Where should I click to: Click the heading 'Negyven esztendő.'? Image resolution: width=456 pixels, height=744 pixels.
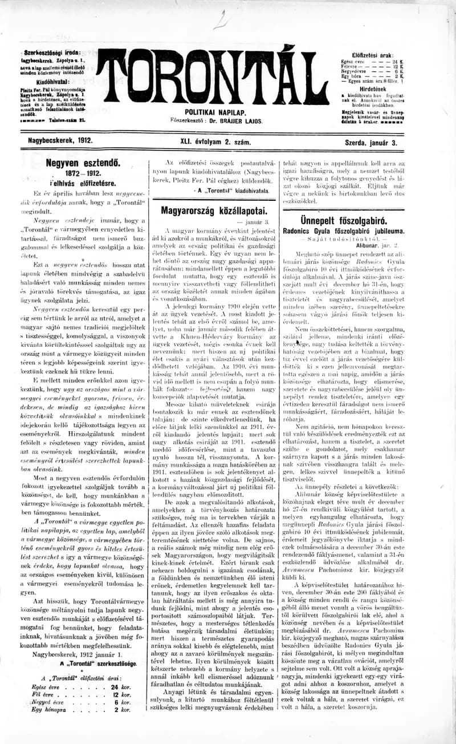83,162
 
